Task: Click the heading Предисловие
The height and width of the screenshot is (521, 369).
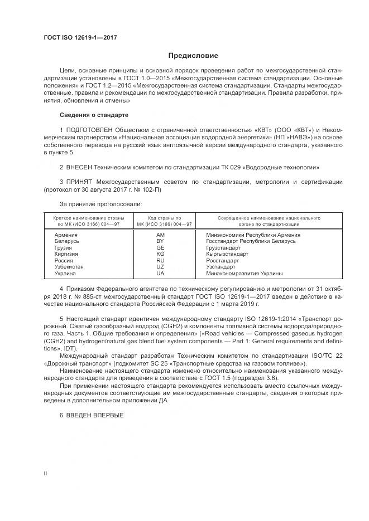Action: (194, 56)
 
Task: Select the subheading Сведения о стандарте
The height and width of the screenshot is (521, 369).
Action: (94, 115)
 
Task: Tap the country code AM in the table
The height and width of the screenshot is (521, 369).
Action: (161, 235)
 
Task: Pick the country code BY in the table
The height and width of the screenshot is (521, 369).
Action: (161, 241)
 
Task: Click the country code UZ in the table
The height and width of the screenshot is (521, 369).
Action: (161, 267)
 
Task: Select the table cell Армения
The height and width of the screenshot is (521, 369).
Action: (66, 235)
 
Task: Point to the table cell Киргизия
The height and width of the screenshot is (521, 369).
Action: (66, 254)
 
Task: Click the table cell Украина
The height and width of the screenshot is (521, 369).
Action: (65, 274)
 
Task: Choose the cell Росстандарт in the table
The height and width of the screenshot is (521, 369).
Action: (222, 261)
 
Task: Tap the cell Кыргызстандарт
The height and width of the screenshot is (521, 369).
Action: (227, 254)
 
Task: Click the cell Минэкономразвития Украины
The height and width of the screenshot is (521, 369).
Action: (244, 274)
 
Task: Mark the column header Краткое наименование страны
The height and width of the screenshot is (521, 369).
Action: (89, 218)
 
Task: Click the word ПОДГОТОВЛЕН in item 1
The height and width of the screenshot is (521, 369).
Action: (88, 130)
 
